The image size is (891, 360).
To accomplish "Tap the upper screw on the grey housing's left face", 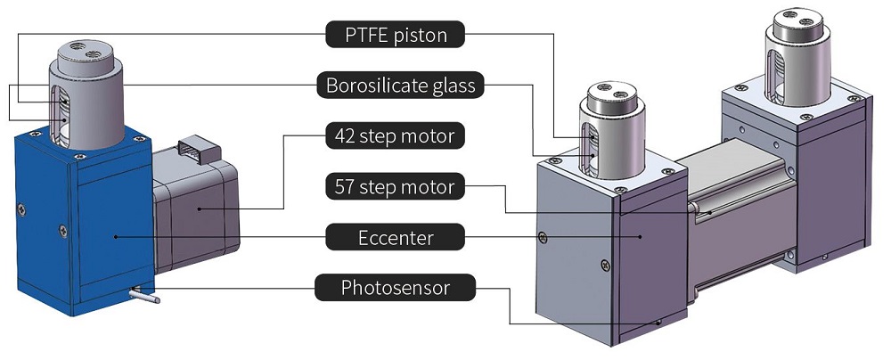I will click(543, 236).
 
